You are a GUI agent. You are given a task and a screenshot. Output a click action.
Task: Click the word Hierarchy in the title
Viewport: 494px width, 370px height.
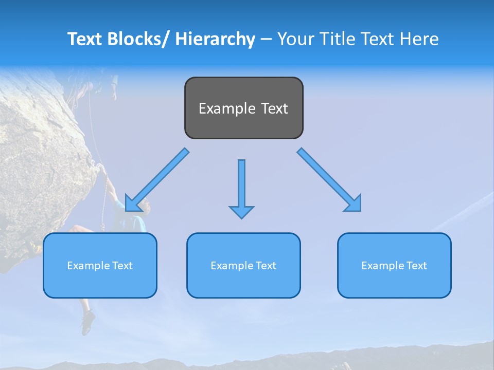tap(215, 40)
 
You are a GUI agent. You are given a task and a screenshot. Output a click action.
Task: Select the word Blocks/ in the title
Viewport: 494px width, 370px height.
tap(136, 40)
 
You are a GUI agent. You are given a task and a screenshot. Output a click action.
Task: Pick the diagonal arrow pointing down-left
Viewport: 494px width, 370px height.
tap(157, 180)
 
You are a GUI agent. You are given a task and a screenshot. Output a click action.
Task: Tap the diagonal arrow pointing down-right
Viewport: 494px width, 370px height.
tap(329, 180)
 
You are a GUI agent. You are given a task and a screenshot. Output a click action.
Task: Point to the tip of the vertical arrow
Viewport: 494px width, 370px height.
tap(241, 217)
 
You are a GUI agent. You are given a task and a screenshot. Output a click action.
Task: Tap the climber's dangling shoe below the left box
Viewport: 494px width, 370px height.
tap(88, 321)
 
